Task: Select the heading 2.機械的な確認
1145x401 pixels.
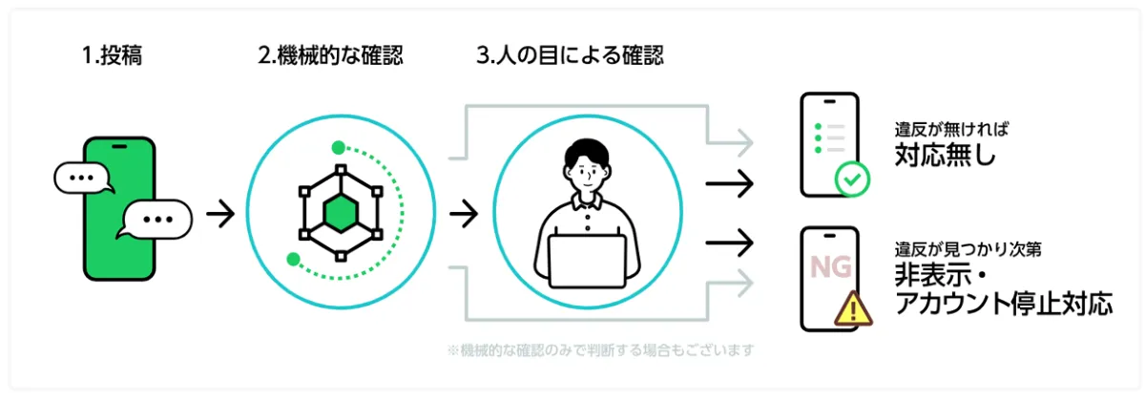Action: tap(330, 55)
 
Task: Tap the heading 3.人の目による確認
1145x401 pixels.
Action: tap(570, 55)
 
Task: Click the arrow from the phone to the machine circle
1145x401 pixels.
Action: tap(220, 213)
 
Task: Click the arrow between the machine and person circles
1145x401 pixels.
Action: tap(464, 213)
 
